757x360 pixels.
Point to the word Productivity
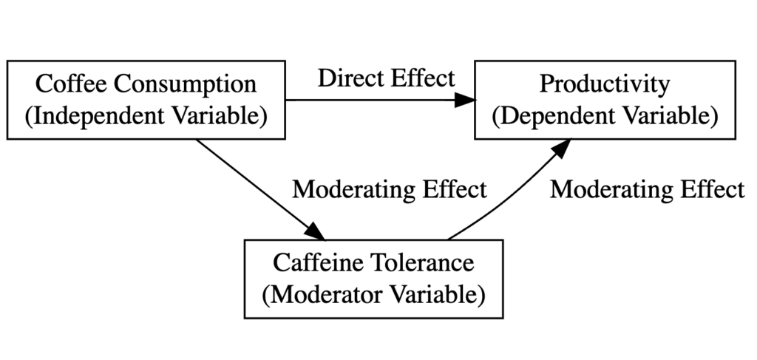(604, 84)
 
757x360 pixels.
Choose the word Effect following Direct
(421, 78)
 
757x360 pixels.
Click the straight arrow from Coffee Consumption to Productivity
(370, 100)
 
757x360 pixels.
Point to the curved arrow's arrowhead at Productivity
(562, 146)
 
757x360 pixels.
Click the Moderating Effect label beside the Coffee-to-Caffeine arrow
(390, 189)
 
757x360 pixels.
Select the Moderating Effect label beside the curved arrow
(647, 189)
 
